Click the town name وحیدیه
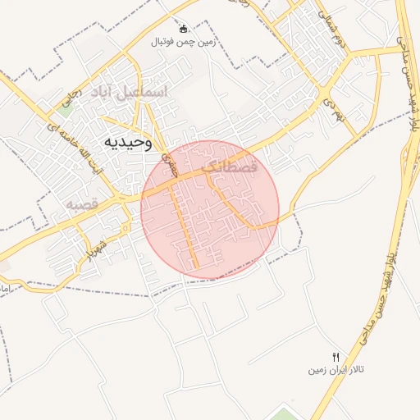click(x=130, y=142)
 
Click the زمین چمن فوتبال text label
click(x=183, y=41)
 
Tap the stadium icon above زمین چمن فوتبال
click(x=183, y=29)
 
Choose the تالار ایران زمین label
click(x=336, y=370)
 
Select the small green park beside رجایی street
click(x=64, y=101)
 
